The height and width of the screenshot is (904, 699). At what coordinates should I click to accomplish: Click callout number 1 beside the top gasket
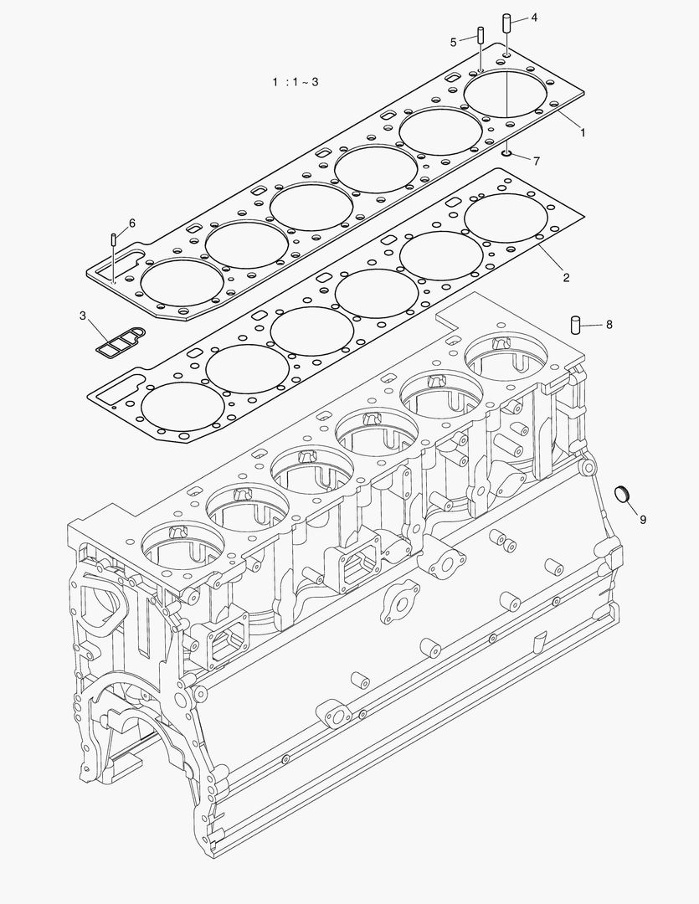coord(582,132)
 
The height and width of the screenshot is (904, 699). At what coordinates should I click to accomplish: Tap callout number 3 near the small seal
coord(83,316)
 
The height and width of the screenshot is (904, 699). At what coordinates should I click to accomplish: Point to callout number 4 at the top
coord(534,17)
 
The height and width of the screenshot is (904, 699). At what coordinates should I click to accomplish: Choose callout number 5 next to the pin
coord(453,41)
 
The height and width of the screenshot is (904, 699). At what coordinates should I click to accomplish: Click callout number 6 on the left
coord(131,223)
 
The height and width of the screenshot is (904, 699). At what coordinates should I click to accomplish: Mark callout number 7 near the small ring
coord(536,160)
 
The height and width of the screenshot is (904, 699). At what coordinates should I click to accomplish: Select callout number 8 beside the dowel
coord(609,324)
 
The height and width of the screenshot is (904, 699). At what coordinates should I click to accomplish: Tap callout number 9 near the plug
coord(643,519)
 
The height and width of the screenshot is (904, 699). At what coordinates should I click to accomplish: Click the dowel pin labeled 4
coord(506,22)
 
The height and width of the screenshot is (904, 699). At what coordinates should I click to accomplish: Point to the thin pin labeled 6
coord(111,240)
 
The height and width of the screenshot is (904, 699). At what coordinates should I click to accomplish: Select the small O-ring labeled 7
coord(508,152)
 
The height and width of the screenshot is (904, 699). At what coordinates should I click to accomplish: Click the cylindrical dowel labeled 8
coord(575,325)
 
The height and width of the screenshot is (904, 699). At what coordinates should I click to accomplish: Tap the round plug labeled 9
coord(621,493)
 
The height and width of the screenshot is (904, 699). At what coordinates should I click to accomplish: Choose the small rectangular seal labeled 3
coord(117,341)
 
